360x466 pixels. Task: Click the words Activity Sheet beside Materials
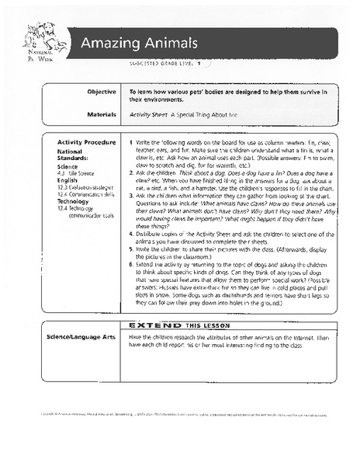coord(147,114)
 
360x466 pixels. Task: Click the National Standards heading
coord(76,155)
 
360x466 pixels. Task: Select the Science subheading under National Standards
coord(67,167)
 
